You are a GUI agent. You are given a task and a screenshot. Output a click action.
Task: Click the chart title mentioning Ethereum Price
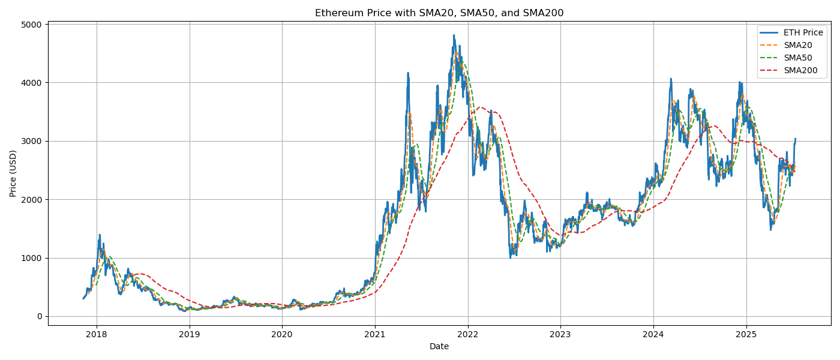[x=439, y=13]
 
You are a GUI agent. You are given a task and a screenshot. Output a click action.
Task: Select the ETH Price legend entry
[x=803, y=32]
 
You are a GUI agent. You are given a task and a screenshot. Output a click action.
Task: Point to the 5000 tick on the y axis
[x=32, y=25]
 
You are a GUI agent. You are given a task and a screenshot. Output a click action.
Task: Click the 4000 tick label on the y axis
[x=32, y=83]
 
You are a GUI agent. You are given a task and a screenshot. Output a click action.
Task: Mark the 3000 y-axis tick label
[x=32, y=141]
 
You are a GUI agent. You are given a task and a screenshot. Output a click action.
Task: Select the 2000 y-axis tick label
[x=32, y=200]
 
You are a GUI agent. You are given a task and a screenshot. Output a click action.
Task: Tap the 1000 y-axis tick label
[x=32, y=258]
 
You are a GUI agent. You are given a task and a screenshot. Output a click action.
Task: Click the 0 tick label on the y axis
[x=39, y=317]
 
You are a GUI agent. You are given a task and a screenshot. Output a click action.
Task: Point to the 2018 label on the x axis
[x=97, y=334]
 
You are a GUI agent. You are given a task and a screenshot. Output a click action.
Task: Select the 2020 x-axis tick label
[x=282, y=334]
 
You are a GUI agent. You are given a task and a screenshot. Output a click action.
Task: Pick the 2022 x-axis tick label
[x=467, y=334]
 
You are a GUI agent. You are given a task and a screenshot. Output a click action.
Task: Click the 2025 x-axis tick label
[x=746, y=334]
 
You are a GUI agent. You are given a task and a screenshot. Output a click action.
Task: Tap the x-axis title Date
[x=439, y=346]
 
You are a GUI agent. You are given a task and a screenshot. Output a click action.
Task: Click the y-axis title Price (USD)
[x=13, y=173]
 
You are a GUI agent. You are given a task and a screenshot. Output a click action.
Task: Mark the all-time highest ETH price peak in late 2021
[x=454, y=35]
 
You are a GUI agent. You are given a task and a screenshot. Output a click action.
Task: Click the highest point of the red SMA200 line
[x=479, y=107]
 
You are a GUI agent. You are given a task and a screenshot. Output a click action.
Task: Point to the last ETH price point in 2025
[x=796, y=139]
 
